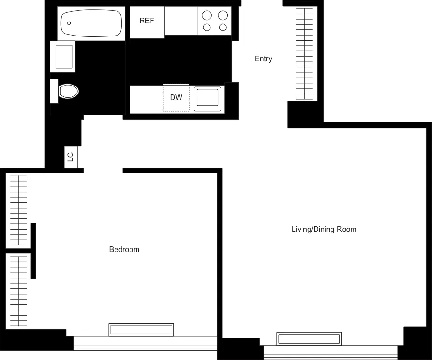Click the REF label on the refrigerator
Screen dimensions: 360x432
146,21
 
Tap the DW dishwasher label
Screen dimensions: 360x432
176,98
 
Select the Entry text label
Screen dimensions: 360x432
263,59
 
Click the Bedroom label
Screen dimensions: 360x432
124,250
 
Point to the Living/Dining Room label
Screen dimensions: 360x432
324,230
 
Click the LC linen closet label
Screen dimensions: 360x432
71,157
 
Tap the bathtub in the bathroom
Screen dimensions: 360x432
91,23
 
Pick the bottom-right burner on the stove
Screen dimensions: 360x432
223,28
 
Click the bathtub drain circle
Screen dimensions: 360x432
69,23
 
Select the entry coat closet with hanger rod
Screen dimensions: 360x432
306,54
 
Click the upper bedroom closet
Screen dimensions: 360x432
18,211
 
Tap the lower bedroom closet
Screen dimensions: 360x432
18,291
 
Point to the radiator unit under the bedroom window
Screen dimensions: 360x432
141,330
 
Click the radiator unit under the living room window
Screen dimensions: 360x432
309,339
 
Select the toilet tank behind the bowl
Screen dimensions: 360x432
54,91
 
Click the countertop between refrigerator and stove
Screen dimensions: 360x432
180,21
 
